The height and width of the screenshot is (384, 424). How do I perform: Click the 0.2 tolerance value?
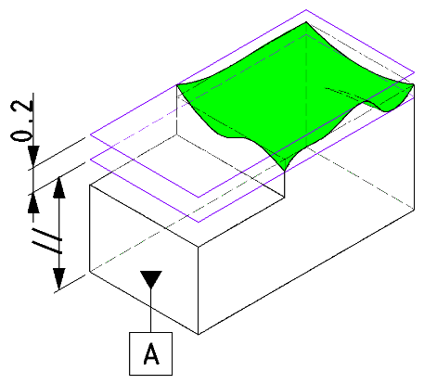(21, 122)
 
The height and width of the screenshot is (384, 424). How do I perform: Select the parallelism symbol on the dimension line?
(47, 240)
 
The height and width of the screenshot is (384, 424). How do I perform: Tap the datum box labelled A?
(150, 353)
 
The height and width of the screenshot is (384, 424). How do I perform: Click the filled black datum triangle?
(151, 279)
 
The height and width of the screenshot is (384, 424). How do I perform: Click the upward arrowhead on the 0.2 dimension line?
(33, 203)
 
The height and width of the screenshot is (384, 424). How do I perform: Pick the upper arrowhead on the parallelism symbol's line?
(59, 187)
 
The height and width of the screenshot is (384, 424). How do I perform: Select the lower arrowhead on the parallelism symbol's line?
(59, 279)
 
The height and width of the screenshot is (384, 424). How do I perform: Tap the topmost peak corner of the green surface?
(306, 22)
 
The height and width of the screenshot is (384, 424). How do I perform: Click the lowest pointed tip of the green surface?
(285, 171)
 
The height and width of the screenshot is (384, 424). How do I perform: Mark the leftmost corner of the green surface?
(176, 84)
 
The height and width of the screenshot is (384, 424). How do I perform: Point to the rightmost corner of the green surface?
(414, 83)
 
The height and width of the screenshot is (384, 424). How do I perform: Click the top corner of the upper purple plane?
(306, 10)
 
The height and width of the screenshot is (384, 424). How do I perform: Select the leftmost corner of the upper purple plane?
(90, 134)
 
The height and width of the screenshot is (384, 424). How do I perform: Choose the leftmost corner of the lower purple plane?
(90, 160)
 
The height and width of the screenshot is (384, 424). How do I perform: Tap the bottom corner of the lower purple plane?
(199, 222)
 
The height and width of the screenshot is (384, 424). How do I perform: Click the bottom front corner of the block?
(199, 334)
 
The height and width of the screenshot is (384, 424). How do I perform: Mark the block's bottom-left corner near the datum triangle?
(90, 271)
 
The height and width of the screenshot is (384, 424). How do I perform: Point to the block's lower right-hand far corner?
(414, 210)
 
